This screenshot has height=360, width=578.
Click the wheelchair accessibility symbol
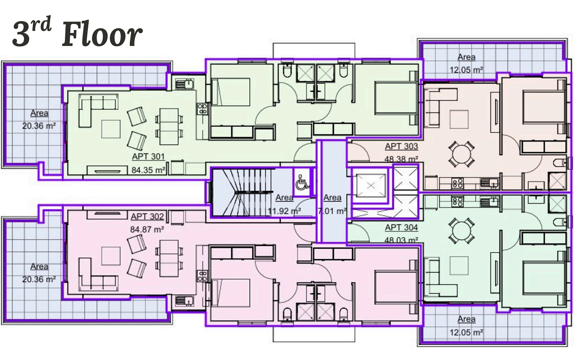[302, 183]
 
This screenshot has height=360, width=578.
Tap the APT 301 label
[148, 157]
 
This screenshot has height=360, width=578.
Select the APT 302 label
[147, 217]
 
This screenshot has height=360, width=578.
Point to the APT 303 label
[401, 146]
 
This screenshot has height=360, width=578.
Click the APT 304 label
[401, 228]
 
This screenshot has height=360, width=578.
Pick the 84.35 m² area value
[148, 170]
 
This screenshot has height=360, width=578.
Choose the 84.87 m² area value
[147, 229]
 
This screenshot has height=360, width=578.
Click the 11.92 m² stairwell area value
[285, 211]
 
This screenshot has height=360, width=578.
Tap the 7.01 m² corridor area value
[332, 211]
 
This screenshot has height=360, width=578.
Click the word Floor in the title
[102, 34]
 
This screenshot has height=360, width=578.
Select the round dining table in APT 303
[461, 154]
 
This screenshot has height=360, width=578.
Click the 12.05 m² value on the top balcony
[466, 70]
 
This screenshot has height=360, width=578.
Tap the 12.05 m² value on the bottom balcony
[466, 332]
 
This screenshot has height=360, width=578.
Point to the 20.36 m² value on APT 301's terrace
[39, 126]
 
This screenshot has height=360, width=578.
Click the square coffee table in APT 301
[111, 129]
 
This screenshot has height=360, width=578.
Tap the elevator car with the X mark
[370, 186]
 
